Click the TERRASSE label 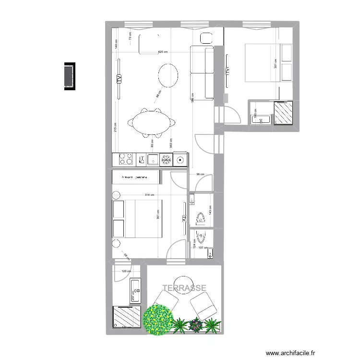pos(184,288)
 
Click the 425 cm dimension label pos(163,52)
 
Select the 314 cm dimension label pos(149,195)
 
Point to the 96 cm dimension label pos(200,175)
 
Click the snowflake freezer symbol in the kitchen pos(167,159)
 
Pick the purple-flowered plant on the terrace pos(196,325)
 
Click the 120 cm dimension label pos(126,271)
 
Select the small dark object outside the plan pos(69,76)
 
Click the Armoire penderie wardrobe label pos(135,178)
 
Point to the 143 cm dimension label pos(210,209)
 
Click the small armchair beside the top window pos(207,38)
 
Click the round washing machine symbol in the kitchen pos(180,159)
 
